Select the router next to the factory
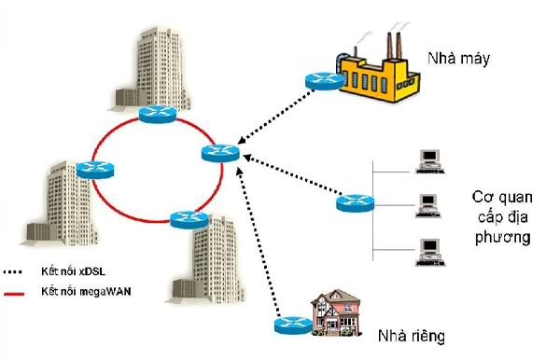322,82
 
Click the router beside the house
291,325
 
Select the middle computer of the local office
427,204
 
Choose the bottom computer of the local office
427,248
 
